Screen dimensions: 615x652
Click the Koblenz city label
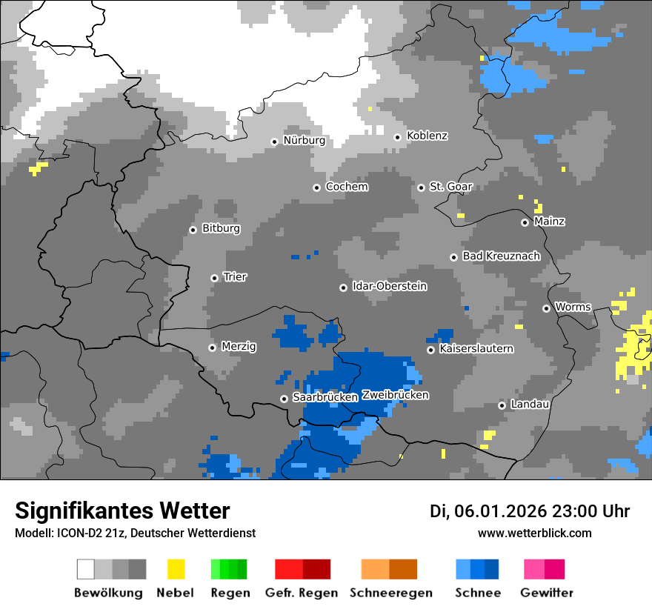(427, 136)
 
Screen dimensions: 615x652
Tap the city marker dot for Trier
(214, 278)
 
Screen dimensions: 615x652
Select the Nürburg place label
(304, 140)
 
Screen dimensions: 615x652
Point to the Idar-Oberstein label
(389, 286)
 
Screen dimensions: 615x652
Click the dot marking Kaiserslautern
(430, 349)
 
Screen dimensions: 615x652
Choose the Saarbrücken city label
(325, 397)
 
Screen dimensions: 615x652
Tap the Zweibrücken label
(395, 395)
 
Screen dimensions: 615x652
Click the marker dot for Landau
(502, 405)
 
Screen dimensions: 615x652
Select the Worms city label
(573, 307)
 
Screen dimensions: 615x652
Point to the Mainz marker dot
(525, 222)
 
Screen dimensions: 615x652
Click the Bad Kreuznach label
(501, 256)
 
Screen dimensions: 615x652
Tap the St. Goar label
(450, 187)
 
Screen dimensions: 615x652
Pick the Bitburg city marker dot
(193, 230)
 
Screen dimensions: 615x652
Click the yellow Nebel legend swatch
(176, 569)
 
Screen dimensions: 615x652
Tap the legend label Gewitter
(546, 593)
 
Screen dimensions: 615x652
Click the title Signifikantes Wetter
(122, 511)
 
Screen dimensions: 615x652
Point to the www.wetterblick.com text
(534, 533)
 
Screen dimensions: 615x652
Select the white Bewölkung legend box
(86, 569)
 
